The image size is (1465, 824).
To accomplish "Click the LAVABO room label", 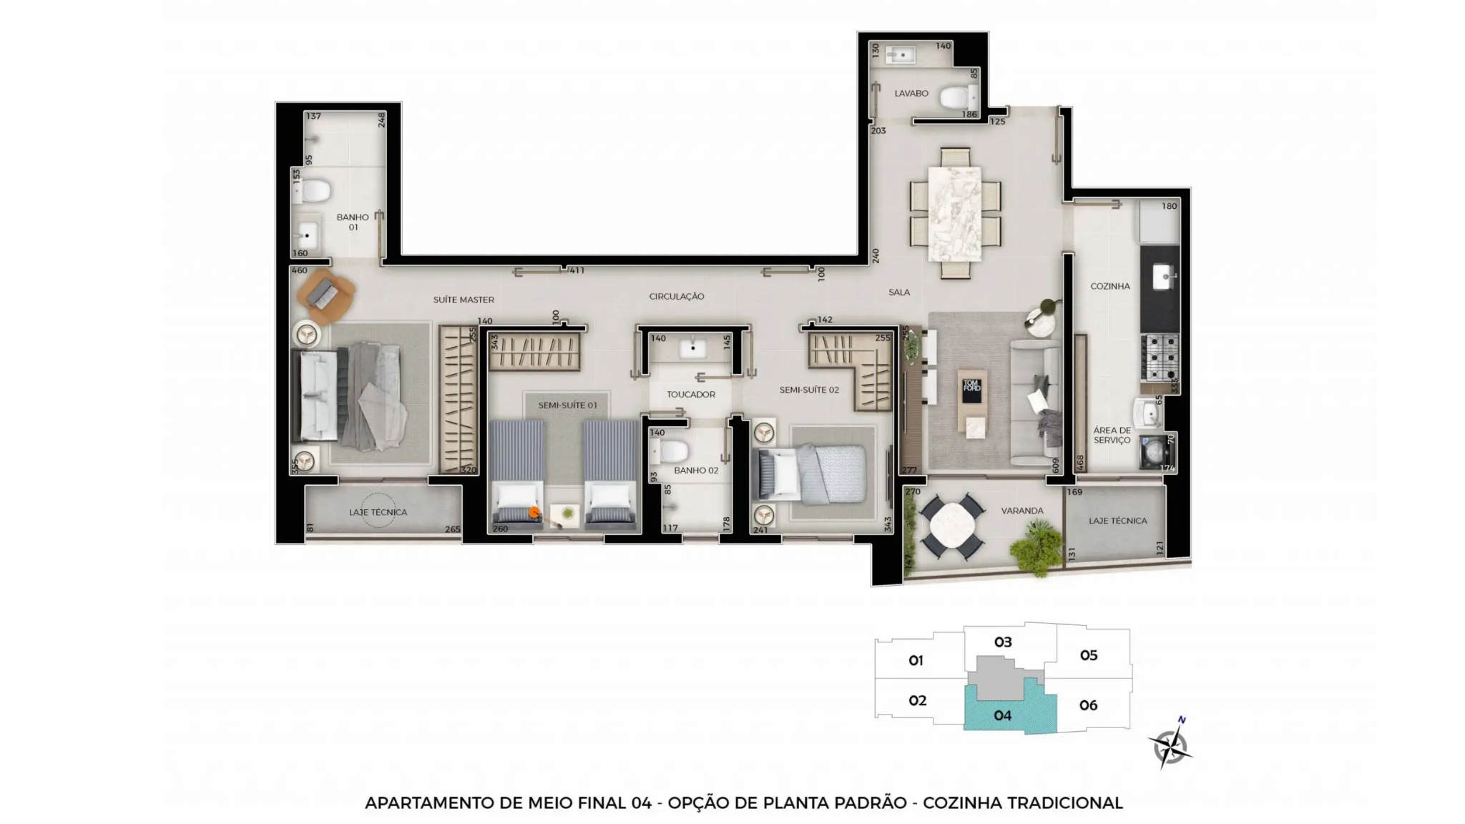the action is (911, 94).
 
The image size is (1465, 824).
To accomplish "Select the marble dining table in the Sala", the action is (955, 213).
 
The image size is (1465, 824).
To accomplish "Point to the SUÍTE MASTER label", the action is (464, 300).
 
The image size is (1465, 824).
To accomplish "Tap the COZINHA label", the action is (1110, 286).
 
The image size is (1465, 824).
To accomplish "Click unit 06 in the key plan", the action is (1088, 706).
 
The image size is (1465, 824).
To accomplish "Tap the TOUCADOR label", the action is (691, 395).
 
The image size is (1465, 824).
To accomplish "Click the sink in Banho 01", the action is (308, 234).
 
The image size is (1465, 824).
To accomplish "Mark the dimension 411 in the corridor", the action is (577, 270).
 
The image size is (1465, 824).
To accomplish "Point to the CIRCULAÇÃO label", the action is (677, 297).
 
